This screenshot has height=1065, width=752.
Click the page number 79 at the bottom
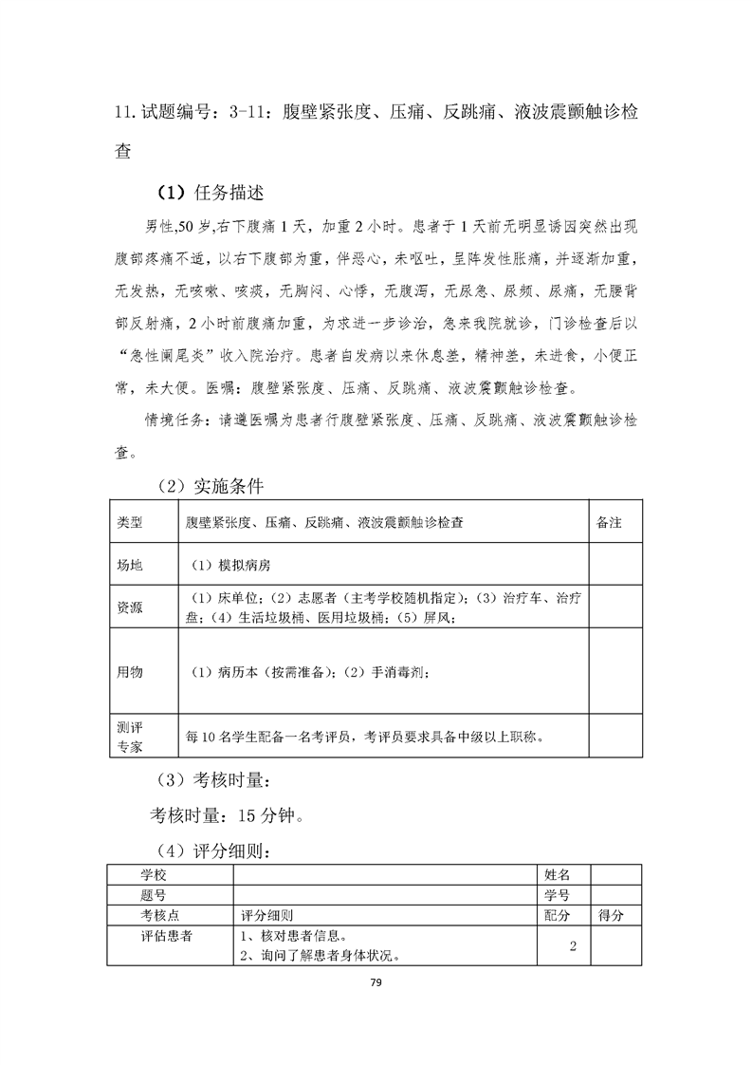(376, 983)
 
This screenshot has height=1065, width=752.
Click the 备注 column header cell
(609, 523)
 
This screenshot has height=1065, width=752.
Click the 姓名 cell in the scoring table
(558, 873)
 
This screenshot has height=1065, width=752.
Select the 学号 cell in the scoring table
(558, 894)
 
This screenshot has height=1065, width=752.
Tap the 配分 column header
(558, 916)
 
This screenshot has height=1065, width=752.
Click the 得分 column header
(612, 916)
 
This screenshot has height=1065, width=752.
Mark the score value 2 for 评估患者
(573, 946)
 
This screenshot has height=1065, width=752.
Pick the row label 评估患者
(167, 937)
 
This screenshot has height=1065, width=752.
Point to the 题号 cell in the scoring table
(154, 894)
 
